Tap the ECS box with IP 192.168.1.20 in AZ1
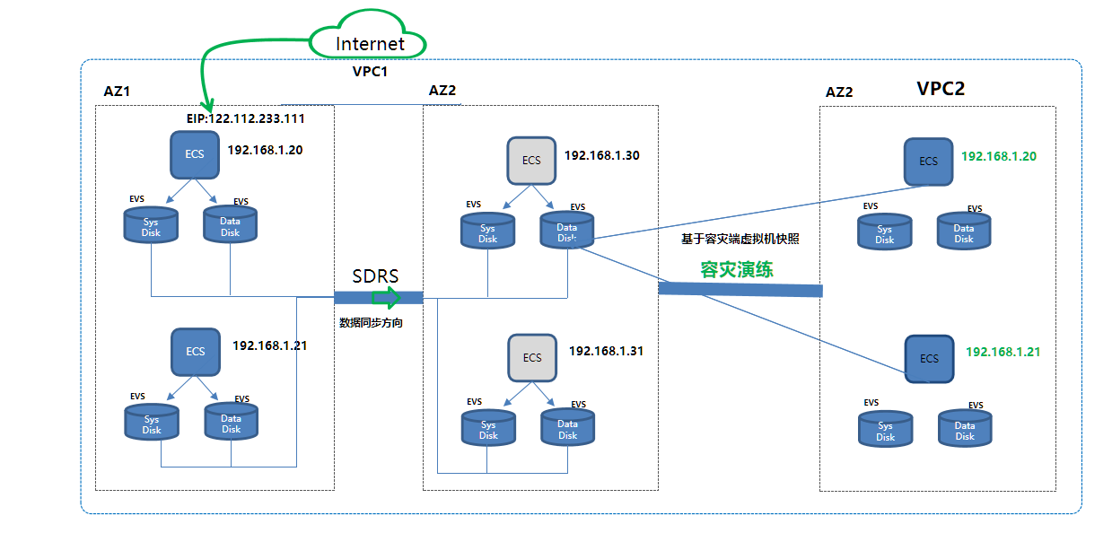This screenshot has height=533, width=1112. (x=195, y=154)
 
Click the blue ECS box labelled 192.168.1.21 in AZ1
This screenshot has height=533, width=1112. (x=196, y=351)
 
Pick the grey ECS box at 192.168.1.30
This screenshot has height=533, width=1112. (x=532, y=161)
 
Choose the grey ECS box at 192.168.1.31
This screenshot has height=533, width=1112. (x=532, y=357)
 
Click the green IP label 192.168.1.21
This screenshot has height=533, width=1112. (x=1003, y=353)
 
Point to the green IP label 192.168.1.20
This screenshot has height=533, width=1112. (x=999, y=156)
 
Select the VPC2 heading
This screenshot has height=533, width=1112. (x=941, y=89)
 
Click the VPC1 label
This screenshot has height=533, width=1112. (x=370, y=71)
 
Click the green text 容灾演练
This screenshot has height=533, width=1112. (x=737, y=269)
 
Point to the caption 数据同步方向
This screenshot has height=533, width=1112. (x=371, y=322)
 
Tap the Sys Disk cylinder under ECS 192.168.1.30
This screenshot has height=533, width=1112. (x=487, y=232)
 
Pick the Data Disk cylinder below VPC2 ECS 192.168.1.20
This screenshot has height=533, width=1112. (x=964, y=232)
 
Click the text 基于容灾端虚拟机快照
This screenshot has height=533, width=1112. (x=740, y=239)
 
